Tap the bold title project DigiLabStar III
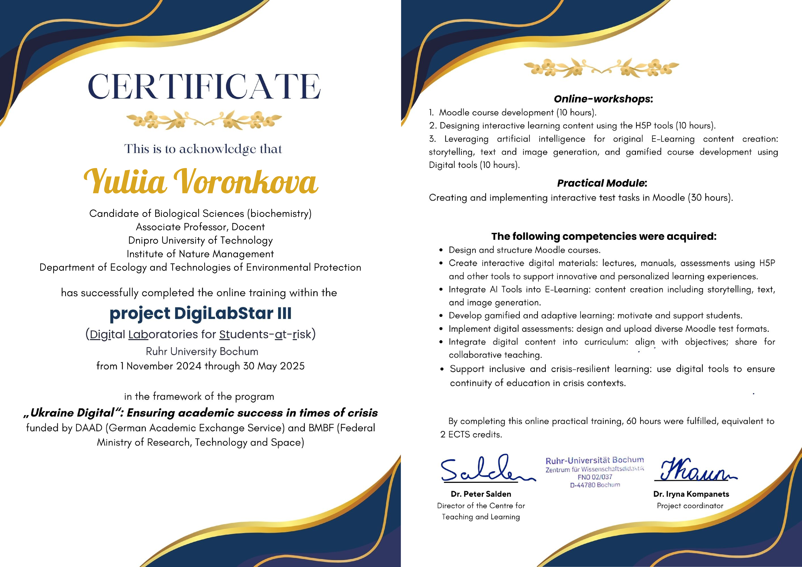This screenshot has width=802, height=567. pyautogui.click(x=200, y=313)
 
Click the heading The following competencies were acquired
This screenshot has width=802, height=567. pyautogui.click(x=604, y=236)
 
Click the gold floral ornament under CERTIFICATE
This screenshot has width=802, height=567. pyautogui.click(x=204, y=120)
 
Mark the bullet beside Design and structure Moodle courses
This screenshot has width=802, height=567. pyautogui.click(x=441, y=250)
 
